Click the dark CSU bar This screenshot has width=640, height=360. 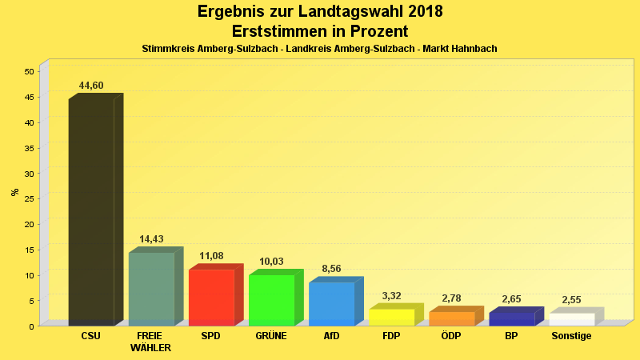[x=91, y=212]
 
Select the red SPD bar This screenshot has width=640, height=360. [x=211, y=298]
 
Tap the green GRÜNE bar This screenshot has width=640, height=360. [x=271, y=300]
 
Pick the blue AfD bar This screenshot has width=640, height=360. [x=331, y=303]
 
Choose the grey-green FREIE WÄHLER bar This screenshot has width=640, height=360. [x=151, y=289]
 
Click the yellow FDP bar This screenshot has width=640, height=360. [x=391, y=317]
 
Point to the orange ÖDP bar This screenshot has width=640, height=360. [x=451, y=318]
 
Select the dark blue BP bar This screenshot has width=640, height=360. [x=511, y=318]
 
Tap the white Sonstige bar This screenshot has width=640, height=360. [x=571, y=319]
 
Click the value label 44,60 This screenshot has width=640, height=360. [x=91, y=86]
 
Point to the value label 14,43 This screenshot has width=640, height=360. [x=151, y=239]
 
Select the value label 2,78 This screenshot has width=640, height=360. [x=451, y=298]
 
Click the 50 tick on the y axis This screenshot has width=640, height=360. [x=29, y=71]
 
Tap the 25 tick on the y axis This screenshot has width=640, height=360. [x=29, y=198]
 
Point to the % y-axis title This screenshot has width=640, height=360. [x=14, y=192]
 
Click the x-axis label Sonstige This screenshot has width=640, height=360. [x=571, y=336]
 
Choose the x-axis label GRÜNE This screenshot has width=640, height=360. [x=271, y=336]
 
